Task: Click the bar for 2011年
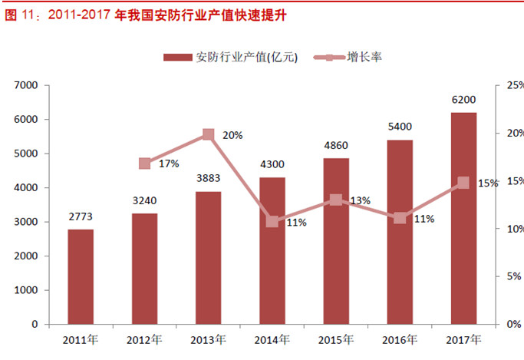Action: point(81,276)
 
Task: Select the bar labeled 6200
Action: point(463,219)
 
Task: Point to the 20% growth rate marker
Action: point(208,134)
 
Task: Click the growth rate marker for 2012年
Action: point(144,163)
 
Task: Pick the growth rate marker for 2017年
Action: point(463,183)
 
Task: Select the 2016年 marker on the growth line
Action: point(400,218)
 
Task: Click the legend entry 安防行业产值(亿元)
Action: point(230,57)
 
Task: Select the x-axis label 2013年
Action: point(208,339)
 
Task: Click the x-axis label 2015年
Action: point(336,339)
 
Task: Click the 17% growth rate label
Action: point(169,163)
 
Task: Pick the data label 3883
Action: point(208,180)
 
